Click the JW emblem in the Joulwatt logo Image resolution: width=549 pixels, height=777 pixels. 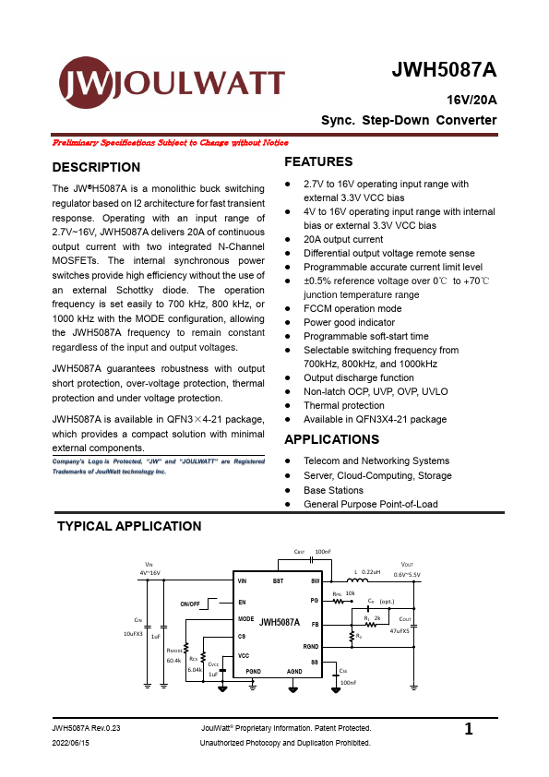88,83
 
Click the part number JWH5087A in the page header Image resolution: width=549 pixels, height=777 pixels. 444,70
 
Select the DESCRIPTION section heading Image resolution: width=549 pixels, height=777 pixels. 96,167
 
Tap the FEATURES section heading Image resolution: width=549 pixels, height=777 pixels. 318,161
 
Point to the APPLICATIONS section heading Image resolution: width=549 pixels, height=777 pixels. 332,439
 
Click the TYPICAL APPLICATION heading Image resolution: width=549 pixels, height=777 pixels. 129,526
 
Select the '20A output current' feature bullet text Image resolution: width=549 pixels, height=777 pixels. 343,239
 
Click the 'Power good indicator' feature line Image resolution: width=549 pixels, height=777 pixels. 351,322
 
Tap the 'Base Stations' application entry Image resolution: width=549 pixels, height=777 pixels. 333,490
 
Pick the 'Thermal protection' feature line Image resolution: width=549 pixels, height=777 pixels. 344,405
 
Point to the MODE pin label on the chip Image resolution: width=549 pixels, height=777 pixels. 245,618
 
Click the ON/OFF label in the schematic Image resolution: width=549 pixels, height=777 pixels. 190,604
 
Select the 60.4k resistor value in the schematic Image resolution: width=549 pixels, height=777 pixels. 173,661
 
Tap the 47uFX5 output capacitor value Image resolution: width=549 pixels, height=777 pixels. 399,631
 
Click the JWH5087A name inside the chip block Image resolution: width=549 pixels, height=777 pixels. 279,623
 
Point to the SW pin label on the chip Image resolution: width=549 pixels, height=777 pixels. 315,581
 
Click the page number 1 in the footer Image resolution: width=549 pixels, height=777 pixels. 469,730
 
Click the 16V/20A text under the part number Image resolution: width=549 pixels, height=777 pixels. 471,99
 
